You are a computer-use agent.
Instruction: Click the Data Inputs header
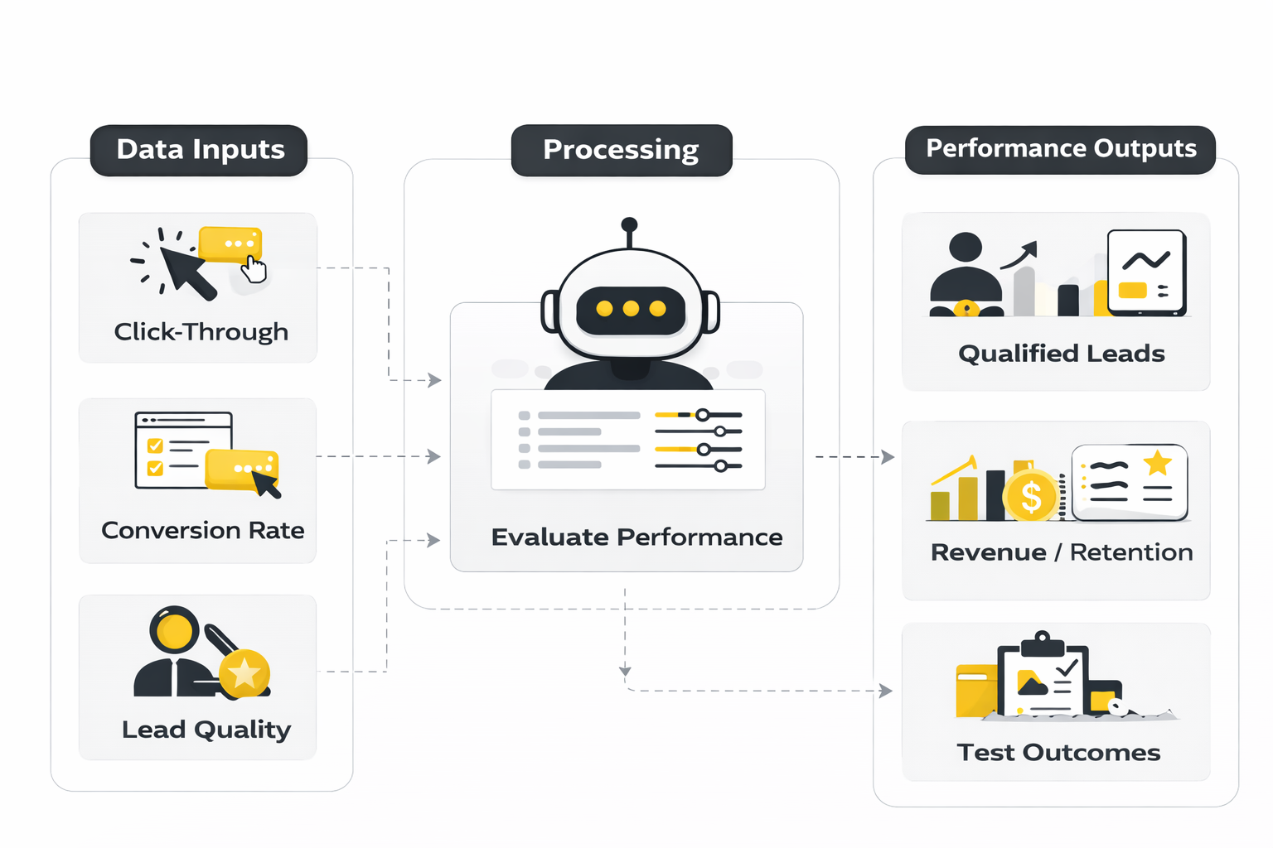click(x=199, y=150)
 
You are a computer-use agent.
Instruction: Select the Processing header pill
click(x=622, y=150)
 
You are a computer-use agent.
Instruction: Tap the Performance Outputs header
click(x=1060, y=149)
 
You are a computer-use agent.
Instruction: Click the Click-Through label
click(x=201, y=332)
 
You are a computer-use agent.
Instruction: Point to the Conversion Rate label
click(x=202, y=530)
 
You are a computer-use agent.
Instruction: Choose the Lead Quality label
click(x=206, y=730)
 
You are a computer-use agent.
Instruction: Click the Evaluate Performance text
click(x=636, y=537)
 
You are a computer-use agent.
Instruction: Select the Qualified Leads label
click(x=1061, y=354)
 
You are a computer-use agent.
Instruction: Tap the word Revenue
click(x=988, y=552)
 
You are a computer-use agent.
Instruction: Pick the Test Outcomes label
click(x=1058, y=752)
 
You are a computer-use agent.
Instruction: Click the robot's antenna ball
click(x=629, y=224)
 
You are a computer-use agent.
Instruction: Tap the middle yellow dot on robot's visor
click(x=631, y=309)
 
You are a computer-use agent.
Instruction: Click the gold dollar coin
click(x=1030, y=497)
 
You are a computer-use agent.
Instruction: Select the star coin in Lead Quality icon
click(x=244, y=673)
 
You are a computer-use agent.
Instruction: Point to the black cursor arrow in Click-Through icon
click(x=187, y=271)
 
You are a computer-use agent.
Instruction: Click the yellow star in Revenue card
click(x=1157, y=462)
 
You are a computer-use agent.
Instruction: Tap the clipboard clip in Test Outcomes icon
click(x=1042, y=643)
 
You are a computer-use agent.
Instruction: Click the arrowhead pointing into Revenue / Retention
click(x=888, y=457)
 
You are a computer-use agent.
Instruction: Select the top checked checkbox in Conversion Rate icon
click(x=155, y=446)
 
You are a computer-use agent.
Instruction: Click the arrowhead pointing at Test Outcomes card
click(x=886, y=691)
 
